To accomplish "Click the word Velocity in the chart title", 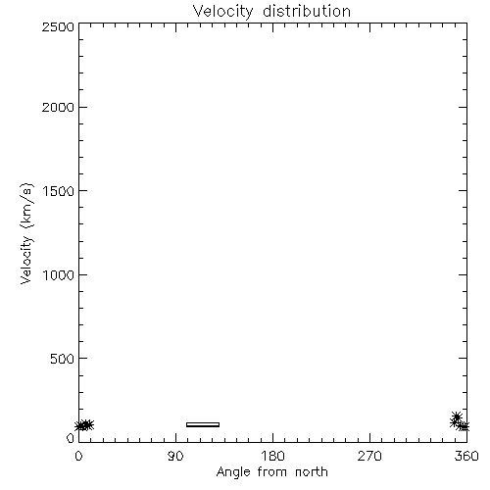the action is [x=222, y=12].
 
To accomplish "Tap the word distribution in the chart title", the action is [x=307, y=11].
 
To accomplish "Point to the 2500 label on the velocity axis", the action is [x=58, y=26].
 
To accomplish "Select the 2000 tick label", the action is [x=58, y=107].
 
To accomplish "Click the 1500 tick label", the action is [x=59, y=191].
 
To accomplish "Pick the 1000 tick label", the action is [x=59, y=275].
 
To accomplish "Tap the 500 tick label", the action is [x=63, y=359].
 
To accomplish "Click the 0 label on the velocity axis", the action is [x=71, y=438].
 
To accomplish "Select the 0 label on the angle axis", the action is [x=78, y=456].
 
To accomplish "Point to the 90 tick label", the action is [x=175, y=456].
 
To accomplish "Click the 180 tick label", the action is [x=272, y=456].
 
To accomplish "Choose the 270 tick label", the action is [x=369, y=456].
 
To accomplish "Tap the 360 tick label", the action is [x=466, y=456].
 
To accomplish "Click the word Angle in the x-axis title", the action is [x=233, y=472].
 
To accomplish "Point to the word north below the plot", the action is [x=312, y=472].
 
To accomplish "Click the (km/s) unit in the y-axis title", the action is [x=26, y=206].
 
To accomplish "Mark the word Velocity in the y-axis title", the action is [x=26, y=260].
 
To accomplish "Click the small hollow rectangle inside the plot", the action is [x=203, y=424].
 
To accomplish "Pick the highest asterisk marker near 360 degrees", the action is [x=457, y=416].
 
